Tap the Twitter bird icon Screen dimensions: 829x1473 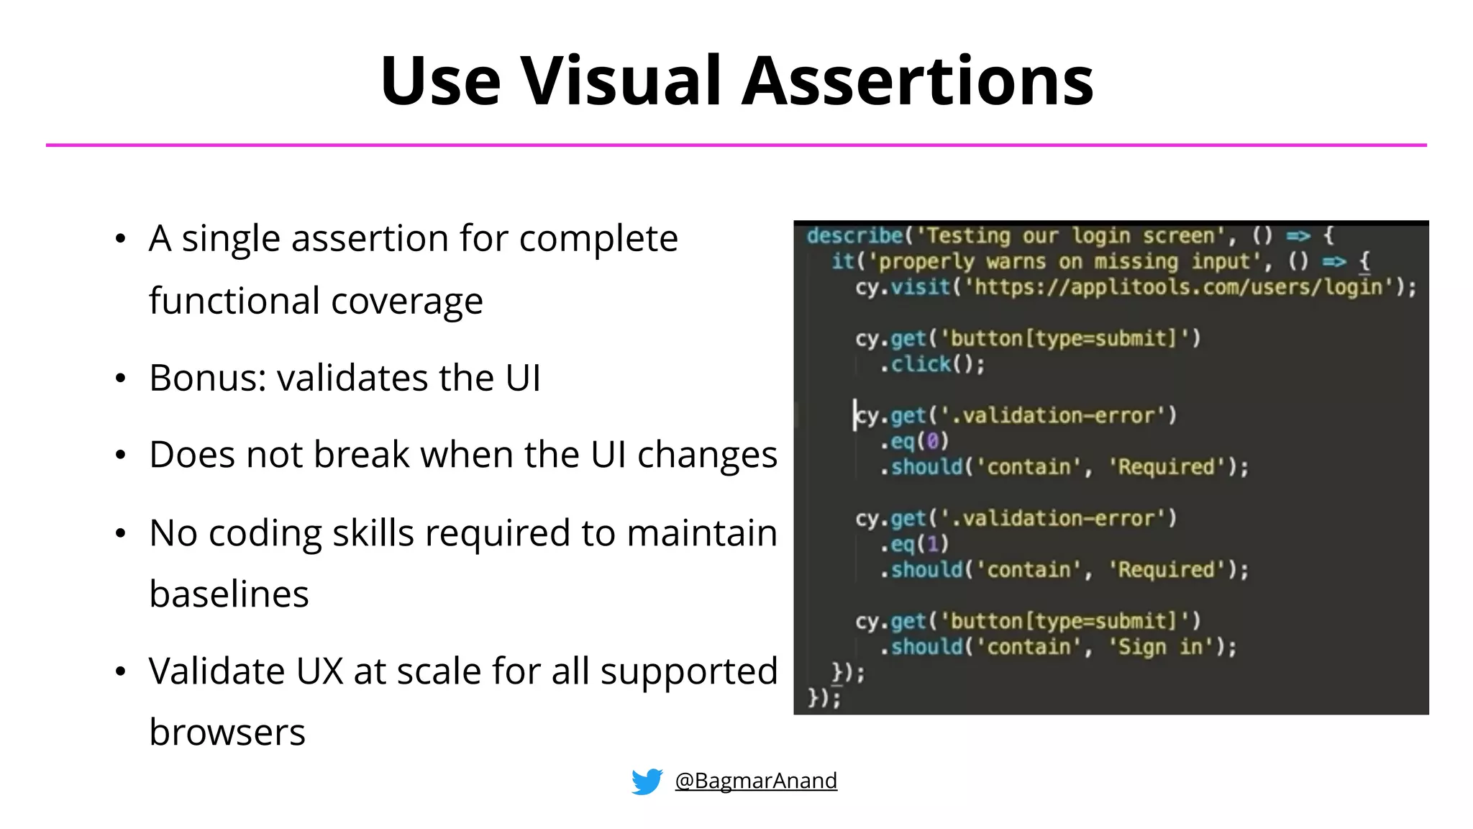647,781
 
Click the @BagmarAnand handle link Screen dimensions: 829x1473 756,781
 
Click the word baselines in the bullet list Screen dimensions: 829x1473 229,594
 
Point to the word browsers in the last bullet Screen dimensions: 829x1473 227,733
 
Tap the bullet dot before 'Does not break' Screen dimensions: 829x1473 120,456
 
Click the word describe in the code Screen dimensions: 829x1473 854,236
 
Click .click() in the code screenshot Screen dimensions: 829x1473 932,364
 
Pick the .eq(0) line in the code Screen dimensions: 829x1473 914,441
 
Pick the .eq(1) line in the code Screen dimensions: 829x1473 914,544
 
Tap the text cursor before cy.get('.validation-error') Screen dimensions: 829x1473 855,415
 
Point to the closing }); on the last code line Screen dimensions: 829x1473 824,698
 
